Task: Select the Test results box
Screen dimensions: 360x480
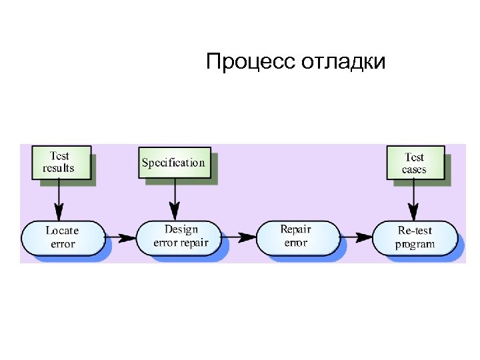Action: [59, 162]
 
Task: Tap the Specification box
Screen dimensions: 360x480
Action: [173, 162]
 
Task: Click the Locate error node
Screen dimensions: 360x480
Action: [63, 237]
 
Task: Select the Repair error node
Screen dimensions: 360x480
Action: [295, 236]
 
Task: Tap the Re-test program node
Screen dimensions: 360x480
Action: [415, 237]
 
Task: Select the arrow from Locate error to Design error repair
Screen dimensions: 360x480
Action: [120, 237]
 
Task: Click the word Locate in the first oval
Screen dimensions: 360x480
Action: [62, 231]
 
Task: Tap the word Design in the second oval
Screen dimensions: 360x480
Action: [181, 229]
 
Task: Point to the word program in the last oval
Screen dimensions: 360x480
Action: [415, 244]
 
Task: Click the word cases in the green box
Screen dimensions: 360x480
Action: [414, 169]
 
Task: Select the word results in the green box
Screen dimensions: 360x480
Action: [59, 168]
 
